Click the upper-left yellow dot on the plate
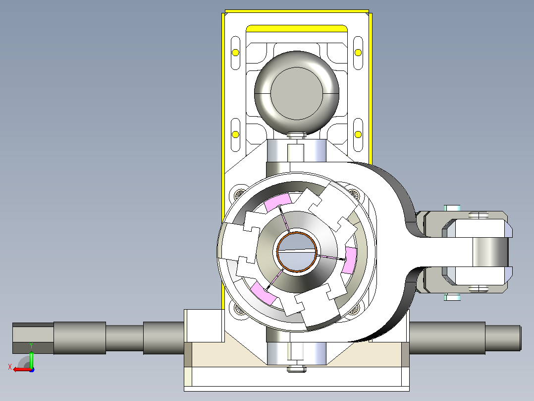[235, 53]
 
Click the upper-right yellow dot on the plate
[358, 53]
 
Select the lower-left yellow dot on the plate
[235, 134]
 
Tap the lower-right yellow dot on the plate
[358, 134]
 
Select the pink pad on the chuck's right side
[350, 260]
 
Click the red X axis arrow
[22, 370]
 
